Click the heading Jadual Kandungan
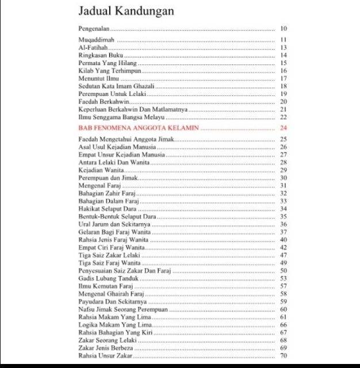coord(126,11)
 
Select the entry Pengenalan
coord(94,28)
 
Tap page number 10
coord(283,28)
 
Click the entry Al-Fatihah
coord(93,47)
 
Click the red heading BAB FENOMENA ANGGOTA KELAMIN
coord(139,128)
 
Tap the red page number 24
coord(283,128)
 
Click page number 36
coord(283,224)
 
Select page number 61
coord(283,317)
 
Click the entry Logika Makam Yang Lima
coord(111,325)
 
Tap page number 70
coord(283,356)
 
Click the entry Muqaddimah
coord(96,40)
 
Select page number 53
coord(283,278)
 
